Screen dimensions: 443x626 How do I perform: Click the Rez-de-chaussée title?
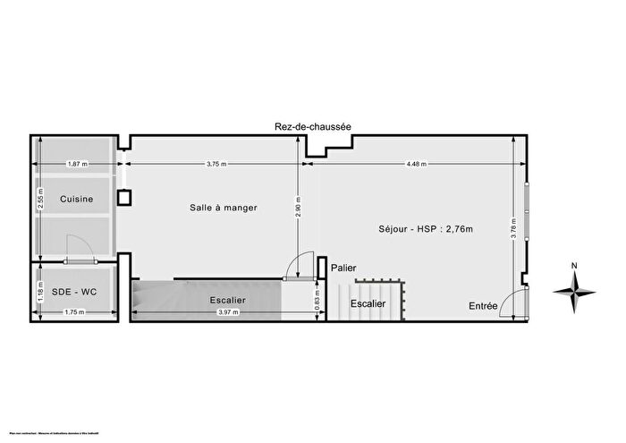(x=312, y=127)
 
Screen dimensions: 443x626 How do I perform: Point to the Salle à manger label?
(x=223, y=208)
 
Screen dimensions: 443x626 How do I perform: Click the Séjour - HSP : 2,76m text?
(x=426, y=230)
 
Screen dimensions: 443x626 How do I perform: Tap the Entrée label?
(x=484, y=306)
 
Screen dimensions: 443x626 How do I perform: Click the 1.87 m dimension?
(x=78, y=165)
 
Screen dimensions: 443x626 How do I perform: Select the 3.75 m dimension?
(x=215, y=165)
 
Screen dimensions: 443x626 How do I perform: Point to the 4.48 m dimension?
(x=416, y=165)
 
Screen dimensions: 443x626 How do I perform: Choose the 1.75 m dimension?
(x=76, y=312)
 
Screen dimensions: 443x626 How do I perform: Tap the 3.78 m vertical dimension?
(x=513, y=230)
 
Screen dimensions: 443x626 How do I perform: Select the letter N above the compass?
(x=575, y=266)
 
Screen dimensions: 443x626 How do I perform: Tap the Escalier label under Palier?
(x=368, y=303)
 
